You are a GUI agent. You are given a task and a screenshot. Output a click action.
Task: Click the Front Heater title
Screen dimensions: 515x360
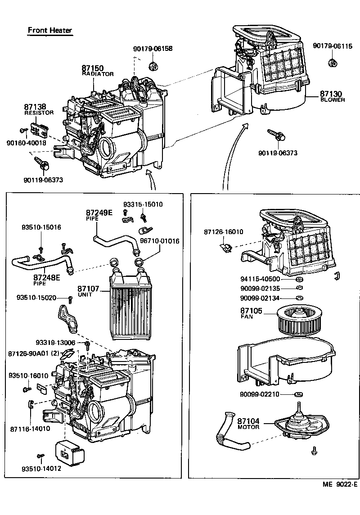click(x=50, y=30)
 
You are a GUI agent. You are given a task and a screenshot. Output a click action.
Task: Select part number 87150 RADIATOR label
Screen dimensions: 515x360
click(x=97, y=71)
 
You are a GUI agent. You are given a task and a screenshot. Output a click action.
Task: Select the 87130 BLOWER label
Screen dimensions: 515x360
click(x=333, y=96)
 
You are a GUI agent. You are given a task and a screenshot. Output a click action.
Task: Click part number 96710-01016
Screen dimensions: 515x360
click(x=159, y=241)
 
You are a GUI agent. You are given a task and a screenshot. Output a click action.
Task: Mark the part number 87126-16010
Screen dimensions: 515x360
click(x=223, y=232)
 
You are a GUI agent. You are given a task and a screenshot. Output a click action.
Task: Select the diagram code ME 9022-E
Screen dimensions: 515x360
click(x=339, y=484)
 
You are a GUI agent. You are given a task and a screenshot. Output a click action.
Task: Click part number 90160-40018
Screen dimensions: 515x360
click(x=26, y=143)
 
